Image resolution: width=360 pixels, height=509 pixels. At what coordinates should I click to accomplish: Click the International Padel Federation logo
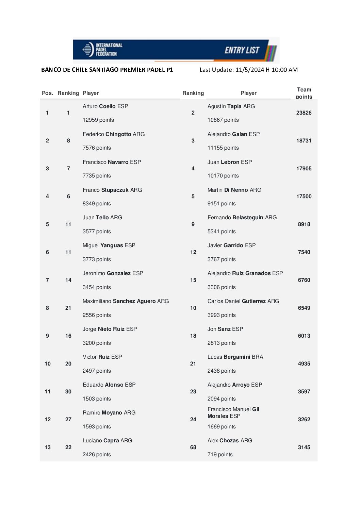pos(102,50)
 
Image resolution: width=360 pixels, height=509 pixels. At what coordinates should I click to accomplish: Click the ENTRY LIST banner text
pos(242,50)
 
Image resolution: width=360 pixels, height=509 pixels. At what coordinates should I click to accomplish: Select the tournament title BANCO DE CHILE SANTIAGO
pos(107,70)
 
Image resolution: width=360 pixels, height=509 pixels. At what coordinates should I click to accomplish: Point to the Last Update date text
pos(248,70)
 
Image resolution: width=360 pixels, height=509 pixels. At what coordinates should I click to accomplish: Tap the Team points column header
pos(304,93)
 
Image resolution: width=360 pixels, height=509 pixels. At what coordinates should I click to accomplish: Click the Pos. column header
pos(47,93)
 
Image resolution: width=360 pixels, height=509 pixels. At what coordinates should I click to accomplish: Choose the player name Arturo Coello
pos(105,106)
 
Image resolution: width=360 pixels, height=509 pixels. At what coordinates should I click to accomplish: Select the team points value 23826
pos(304,113)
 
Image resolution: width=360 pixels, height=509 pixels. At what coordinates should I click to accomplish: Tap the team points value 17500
pos(304,197)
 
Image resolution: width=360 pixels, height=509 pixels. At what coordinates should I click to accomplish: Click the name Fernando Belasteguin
pos(242,217)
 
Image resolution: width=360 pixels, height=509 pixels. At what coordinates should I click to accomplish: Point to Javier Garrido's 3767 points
pos(222,259)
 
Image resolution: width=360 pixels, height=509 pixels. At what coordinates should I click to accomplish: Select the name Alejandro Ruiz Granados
pos(245,273)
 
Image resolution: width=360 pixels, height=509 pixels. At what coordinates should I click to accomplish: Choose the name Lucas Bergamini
pos(235,357)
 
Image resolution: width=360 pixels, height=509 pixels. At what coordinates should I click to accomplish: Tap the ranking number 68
pos(193,447)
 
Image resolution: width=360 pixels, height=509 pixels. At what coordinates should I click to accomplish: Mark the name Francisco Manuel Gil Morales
pos(233,412)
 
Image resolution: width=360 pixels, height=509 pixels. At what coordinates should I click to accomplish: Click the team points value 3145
pos(304,447)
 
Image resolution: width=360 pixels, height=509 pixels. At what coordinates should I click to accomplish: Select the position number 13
pos(47,447)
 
